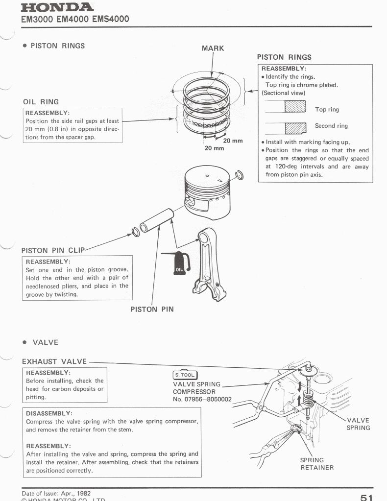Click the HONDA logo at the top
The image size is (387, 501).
[x=57, y=7]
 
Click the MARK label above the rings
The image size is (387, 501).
[x=213, y=48]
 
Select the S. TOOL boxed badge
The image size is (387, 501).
[x=185, y=375]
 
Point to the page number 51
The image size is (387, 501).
[x=366, y=497]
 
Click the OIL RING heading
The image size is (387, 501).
[x=41, y=102]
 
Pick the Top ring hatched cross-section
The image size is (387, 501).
[x=295, y=106]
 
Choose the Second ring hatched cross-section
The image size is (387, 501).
[x=295, y=128]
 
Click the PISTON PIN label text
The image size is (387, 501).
[x=152, y=310]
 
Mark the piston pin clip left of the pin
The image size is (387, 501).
[x=136, y=232]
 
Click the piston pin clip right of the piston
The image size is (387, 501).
[x=239, y=175]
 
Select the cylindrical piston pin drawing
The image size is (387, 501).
[x=157, y=220]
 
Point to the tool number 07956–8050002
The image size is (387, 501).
[x=202, y=399]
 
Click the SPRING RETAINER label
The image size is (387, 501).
[x=316, y=464]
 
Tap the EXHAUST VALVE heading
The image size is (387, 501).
[x=54, y=361]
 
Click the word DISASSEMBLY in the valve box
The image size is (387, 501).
[x=49, y=413]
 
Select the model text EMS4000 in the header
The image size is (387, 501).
[x=111, y=19]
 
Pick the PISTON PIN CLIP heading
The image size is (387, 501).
[x=53, y=250]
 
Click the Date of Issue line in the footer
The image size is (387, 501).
[x=56, y=493]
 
